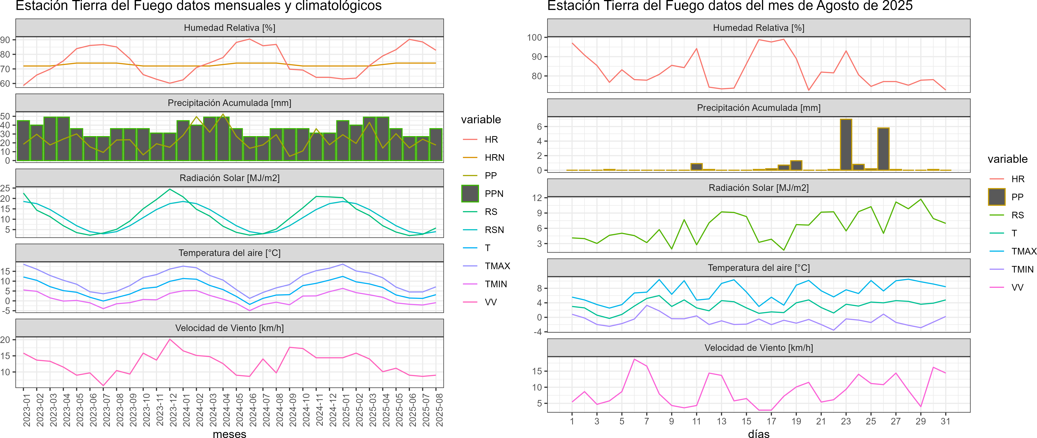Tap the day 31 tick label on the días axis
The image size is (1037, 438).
[945, 421]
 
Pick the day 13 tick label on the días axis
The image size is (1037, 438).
[721, 421]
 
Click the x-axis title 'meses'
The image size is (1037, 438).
[229, 433]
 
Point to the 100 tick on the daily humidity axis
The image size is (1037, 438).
[535, 37]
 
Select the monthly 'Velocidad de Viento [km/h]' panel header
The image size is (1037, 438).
[229, 328]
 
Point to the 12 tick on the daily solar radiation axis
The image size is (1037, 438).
[537, 198]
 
